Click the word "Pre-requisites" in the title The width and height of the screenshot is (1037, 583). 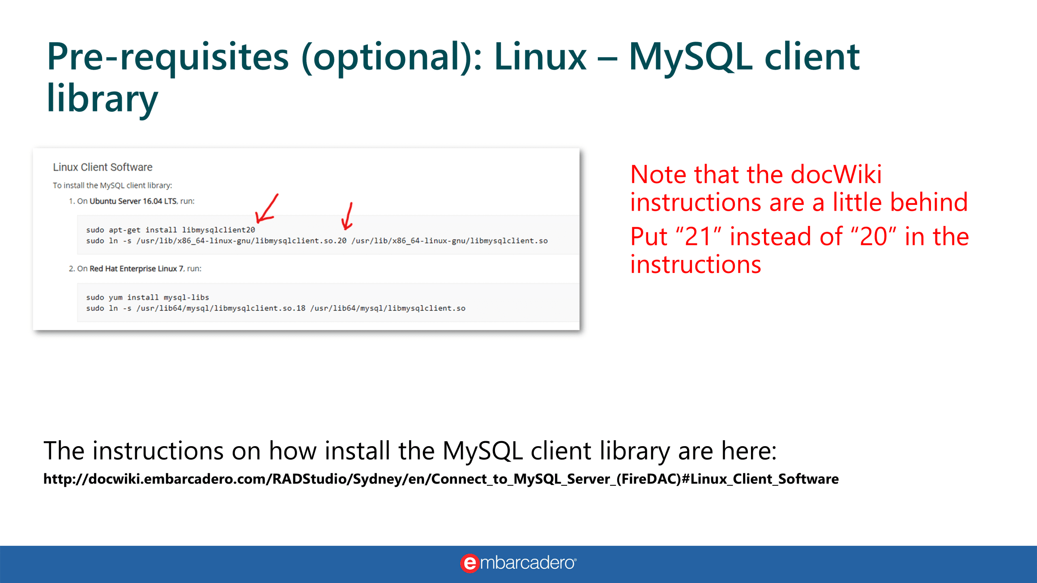(x=168, y=57)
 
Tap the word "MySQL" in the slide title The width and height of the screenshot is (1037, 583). (x=691, y=57)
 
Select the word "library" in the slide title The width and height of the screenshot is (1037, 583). (x=102, y=98)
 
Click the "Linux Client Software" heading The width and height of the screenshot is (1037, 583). (x=102, y=167)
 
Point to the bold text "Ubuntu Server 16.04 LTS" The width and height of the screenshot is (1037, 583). (x=133, y=201)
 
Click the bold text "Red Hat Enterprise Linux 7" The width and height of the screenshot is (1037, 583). (x=137, y=269)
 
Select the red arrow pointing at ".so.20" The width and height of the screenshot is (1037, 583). (x=347, y=216)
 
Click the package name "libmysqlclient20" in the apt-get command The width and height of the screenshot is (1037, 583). (x=218, y=230)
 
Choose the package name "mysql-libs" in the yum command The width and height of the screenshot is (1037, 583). (x=186, y=298)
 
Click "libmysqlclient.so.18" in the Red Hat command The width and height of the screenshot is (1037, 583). (x=260, y=308)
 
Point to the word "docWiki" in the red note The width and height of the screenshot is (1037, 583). (x=836, y=174)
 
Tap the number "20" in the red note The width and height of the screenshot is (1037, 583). (x=873, y=237)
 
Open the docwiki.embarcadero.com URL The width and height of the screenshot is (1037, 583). (x=441, y=479)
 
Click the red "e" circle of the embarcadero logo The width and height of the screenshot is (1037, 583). (x=470, y=563)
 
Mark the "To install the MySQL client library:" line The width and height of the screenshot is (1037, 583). (x=113, y=185)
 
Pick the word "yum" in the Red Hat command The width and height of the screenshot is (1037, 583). (x=115, y=298)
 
